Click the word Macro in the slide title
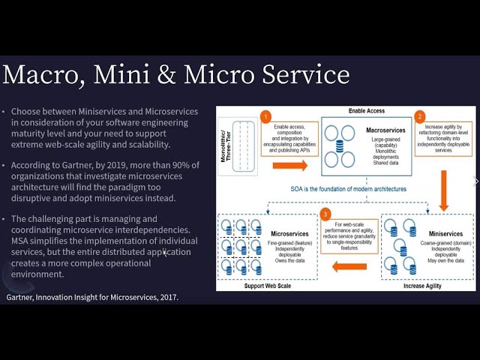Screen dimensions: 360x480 point(44,75)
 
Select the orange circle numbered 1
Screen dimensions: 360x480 point(265,117)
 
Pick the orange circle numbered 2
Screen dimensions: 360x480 point(420,117)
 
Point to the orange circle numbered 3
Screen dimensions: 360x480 point(325,214)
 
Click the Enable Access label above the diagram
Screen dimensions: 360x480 point(367,111)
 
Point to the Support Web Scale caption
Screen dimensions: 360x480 point(266,286)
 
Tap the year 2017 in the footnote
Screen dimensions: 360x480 point(163,298)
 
